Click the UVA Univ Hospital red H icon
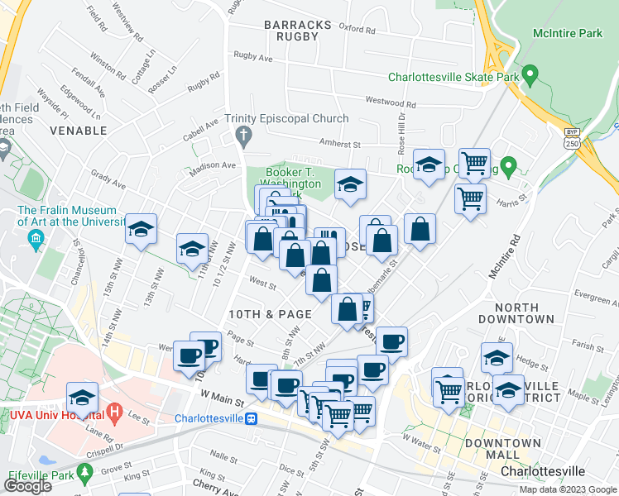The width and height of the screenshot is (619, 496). click(115, 411)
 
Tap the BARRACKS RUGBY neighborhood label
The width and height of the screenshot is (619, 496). click(298, 31)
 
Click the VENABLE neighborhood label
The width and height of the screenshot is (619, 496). click(79, 131)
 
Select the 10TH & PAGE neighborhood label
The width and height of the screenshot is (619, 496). click(270, 314)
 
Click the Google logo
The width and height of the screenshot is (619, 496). click(27, 486)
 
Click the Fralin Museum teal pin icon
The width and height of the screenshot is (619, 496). click(36, 241)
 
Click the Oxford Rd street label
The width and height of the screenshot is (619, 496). click(357, 30)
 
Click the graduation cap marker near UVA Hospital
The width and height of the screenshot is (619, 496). click(83, 397)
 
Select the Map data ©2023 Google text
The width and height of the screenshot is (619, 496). click(568, 489)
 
